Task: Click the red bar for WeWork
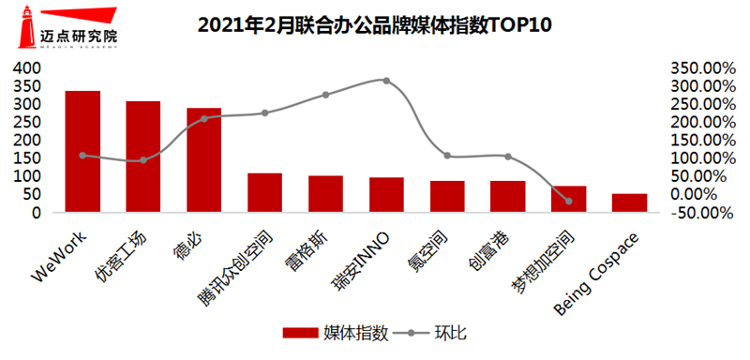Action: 82,152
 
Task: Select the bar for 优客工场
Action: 143,157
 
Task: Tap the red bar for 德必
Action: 204,160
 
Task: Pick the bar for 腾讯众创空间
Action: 264,193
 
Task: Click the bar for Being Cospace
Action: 629,203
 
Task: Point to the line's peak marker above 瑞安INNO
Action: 386,81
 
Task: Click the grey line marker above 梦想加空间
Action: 568,201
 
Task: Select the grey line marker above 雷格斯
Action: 325,95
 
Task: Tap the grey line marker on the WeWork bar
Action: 82,156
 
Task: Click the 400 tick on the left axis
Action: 28,69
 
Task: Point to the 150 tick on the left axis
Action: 28,158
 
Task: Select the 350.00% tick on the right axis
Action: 700,69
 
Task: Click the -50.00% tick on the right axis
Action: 700,213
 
